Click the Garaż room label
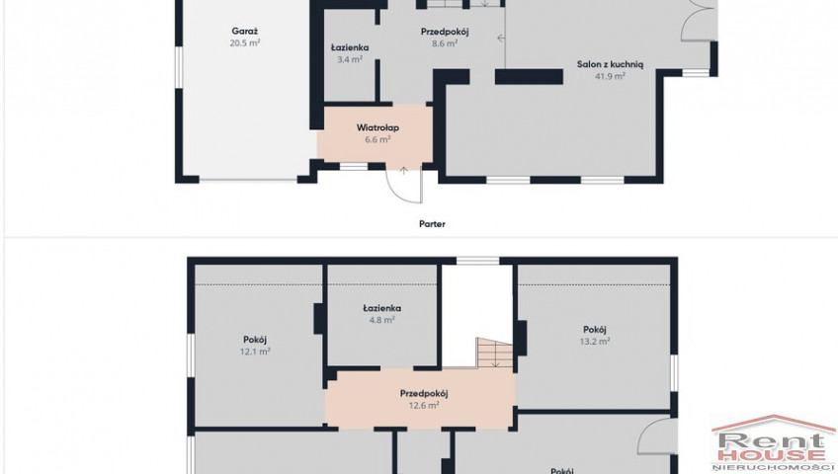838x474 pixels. (245, 32)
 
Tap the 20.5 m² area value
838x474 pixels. (245, 43)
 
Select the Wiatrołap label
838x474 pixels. (377, 128)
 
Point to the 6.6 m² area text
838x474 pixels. (377, 140)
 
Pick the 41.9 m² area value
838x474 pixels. (610, 76)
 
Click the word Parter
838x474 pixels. (432, 224)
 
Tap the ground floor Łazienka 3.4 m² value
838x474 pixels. (350, 60)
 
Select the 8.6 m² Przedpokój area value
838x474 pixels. (445, 43)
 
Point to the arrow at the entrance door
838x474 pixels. (404, 171)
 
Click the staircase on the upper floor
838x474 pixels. (494, 353)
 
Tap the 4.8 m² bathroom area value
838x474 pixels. (382, 320)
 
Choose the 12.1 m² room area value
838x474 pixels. (255, 352)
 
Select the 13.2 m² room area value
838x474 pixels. (595, 341)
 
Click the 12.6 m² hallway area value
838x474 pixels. (424, 405)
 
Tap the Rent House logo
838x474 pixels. (774, 443)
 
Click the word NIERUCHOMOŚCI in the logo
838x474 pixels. (774, 468)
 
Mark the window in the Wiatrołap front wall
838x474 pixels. (354, 167)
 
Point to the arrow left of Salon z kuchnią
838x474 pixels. (501, 38)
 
